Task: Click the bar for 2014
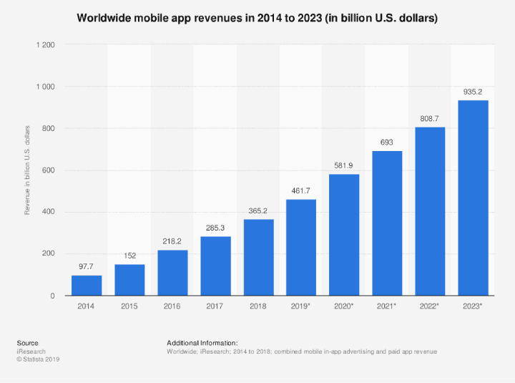pos(87,286)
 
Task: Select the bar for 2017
pos(215,266)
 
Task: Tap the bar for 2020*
pos(344,235)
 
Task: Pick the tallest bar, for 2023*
pos(473,198)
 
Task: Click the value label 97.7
pos(87,267)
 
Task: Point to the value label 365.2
pos(258,211)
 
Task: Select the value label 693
pos(387,142)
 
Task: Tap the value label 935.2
pos(473,92)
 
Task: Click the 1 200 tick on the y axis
pos(44,45)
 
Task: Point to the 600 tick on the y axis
pos(48,170)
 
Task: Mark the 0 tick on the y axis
pos(52,296)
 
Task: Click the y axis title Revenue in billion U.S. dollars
pos(27,170)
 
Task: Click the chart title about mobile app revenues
pos(257,17)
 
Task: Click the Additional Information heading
pos(202,343)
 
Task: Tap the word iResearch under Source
pos(31,352)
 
